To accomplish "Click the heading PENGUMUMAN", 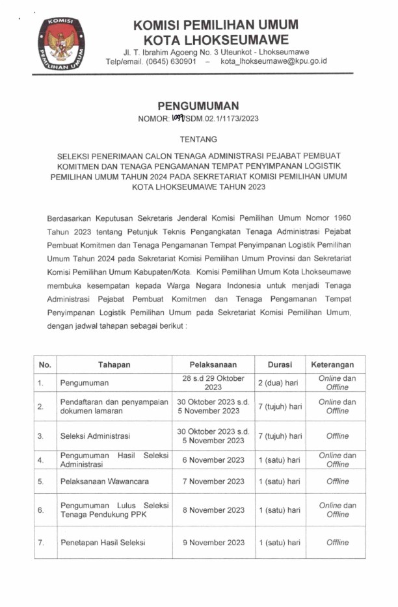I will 198,105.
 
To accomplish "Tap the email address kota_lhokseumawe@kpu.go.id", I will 273,61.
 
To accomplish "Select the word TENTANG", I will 198,139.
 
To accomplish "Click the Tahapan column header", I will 114,365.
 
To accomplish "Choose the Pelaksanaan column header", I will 213,365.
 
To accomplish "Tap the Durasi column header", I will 279,365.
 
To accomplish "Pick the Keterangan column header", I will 337,365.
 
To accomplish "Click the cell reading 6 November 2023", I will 213,460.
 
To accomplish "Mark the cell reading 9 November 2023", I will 213,543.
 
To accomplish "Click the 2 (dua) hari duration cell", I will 279,383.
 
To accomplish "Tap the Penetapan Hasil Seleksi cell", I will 103,543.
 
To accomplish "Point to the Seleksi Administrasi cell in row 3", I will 95,436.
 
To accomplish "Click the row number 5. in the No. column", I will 40,482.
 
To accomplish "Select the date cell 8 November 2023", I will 213,510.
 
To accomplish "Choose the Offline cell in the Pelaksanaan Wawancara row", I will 337,482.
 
